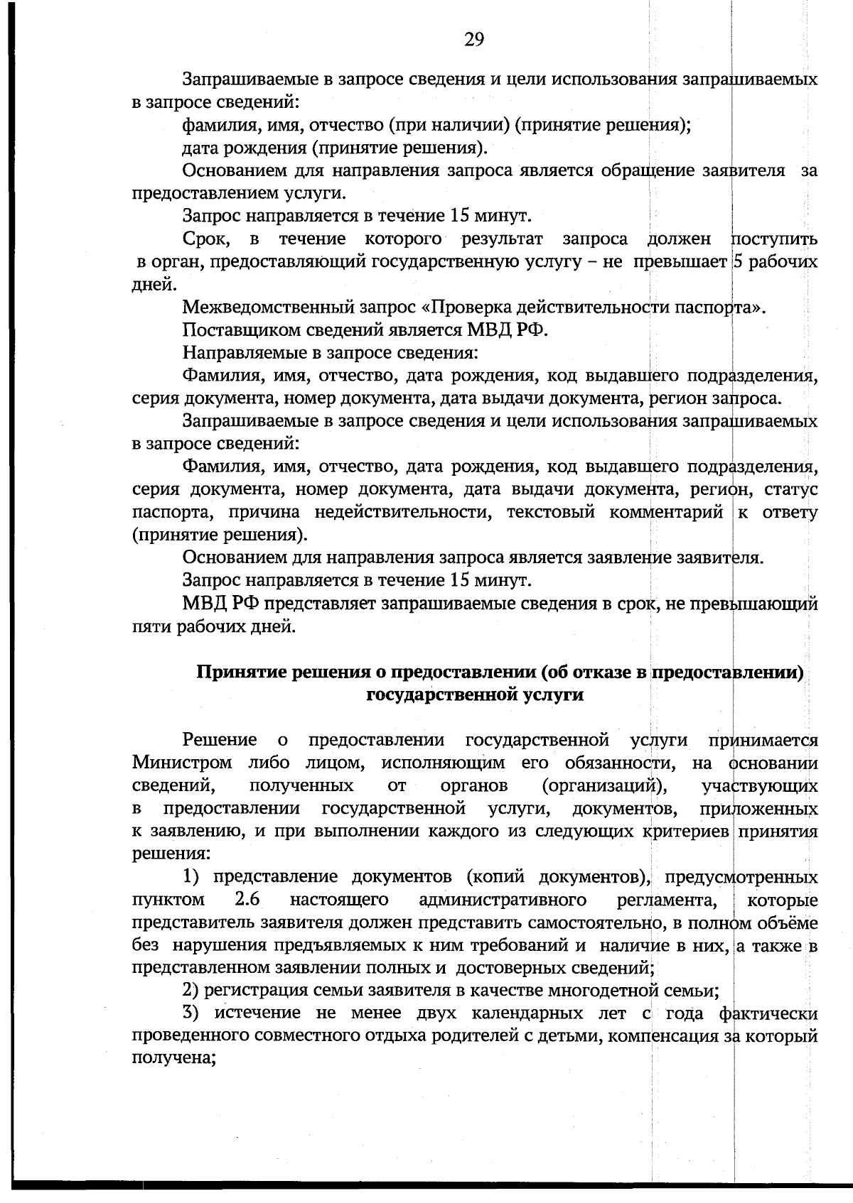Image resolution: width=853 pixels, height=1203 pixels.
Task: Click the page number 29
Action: click(x=474, y=40)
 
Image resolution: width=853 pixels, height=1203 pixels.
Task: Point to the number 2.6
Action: click(x=247, y=900)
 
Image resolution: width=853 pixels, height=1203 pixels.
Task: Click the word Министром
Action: click(x=182, y=763)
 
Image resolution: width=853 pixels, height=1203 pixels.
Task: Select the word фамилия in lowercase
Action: click(x=214, y=125)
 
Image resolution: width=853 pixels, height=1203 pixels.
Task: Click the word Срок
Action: click(x=204, y=239)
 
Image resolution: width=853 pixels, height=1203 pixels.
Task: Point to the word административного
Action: click(x=503, y=900)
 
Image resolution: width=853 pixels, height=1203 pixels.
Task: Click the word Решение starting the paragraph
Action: click(x=220, y=741)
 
